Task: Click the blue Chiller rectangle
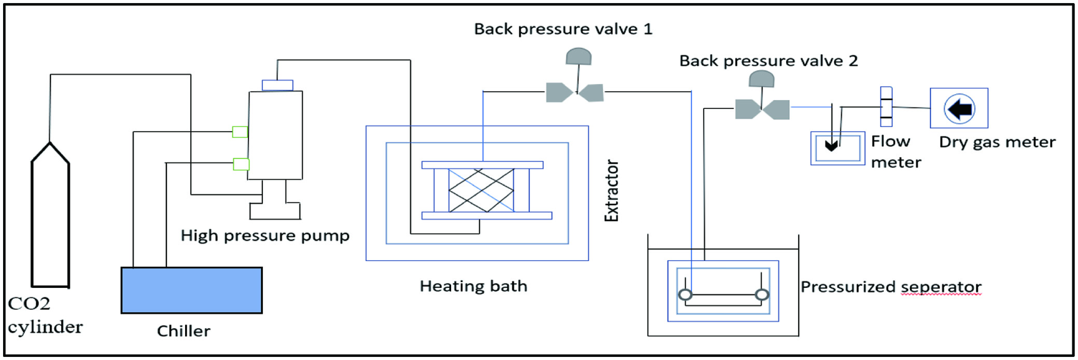pyautogui.click(x=191, y=290)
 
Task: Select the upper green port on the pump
pyautogui.click(x=240, y=132)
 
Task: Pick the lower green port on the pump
pyautogui.click(x=241, y=164)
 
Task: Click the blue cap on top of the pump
pyautogui.click(x=277, y=85)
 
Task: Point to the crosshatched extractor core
pyautogui.click(x=481, y=190)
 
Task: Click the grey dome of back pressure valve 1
pyautogui.click(x=578, y=56)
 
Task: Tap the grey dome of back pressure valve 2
pyautogui.click(x=762, y=78)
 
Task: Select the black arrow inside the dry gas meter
pyautogui.click(x=960, y=109)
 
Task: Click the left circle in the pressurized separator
pyautogui.click(x=685, y=295)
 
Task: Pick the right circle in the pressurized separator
pyautogui.click(x=762, y=295)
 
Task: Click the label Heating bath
pyautogui.click(x=473, y=286)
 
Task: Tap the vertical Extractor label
pyautogui.click(x=612, y=191)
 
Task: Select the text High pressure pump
pyautogui.click(x=265, y=236)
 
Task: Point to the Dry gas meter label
pyautogui.click(x=997, y=142)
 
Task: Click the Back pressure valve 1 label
pyautogui.click(x=563, y=29)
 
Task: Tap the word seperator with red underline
pyautogui.click(x=941, y=287)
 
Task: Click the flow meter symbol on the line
pyautogui.click(x=886, y=106)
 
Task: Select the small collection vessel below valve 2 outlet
pyautogui.click(x=838, y=148)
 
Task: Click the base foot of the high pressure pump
pyautogui.click(x=275, y=211)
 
